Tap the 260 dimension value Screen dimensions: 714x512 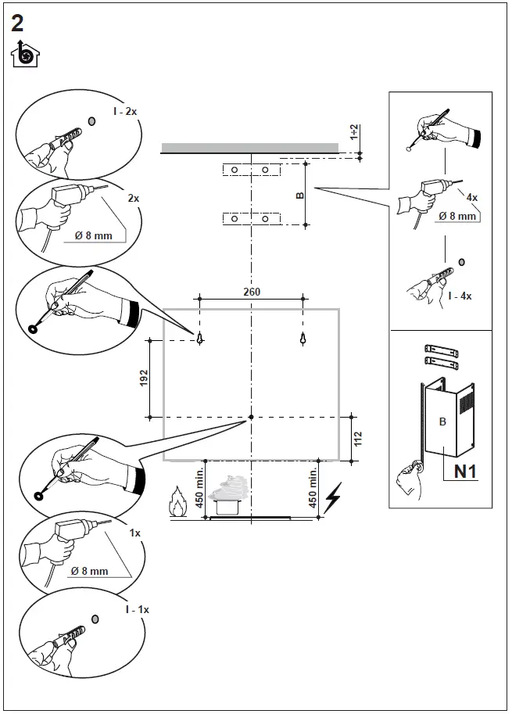tap(251, 291)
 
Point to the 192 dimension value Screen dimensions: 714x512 tap(142, 378)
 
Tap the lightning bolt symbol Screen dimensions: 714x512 tap(334, 497)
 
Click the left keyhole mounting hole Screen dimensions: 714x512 tap(200, 339)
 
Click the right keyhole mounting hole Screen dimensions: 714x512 tap(303, 339)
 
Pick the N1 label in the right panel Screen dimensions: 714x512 tap(467, 471)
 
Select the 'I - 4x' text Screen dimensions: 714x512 tap(460, 296)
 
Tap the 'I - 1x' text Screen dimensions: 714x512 tap(136, 608)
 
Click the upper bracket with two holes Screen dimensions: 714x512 tap(249, 170)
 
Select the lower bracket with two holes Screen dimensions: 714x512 tap(249, 219)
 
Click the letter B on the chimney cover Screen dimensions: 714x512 tap(442, 422)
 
